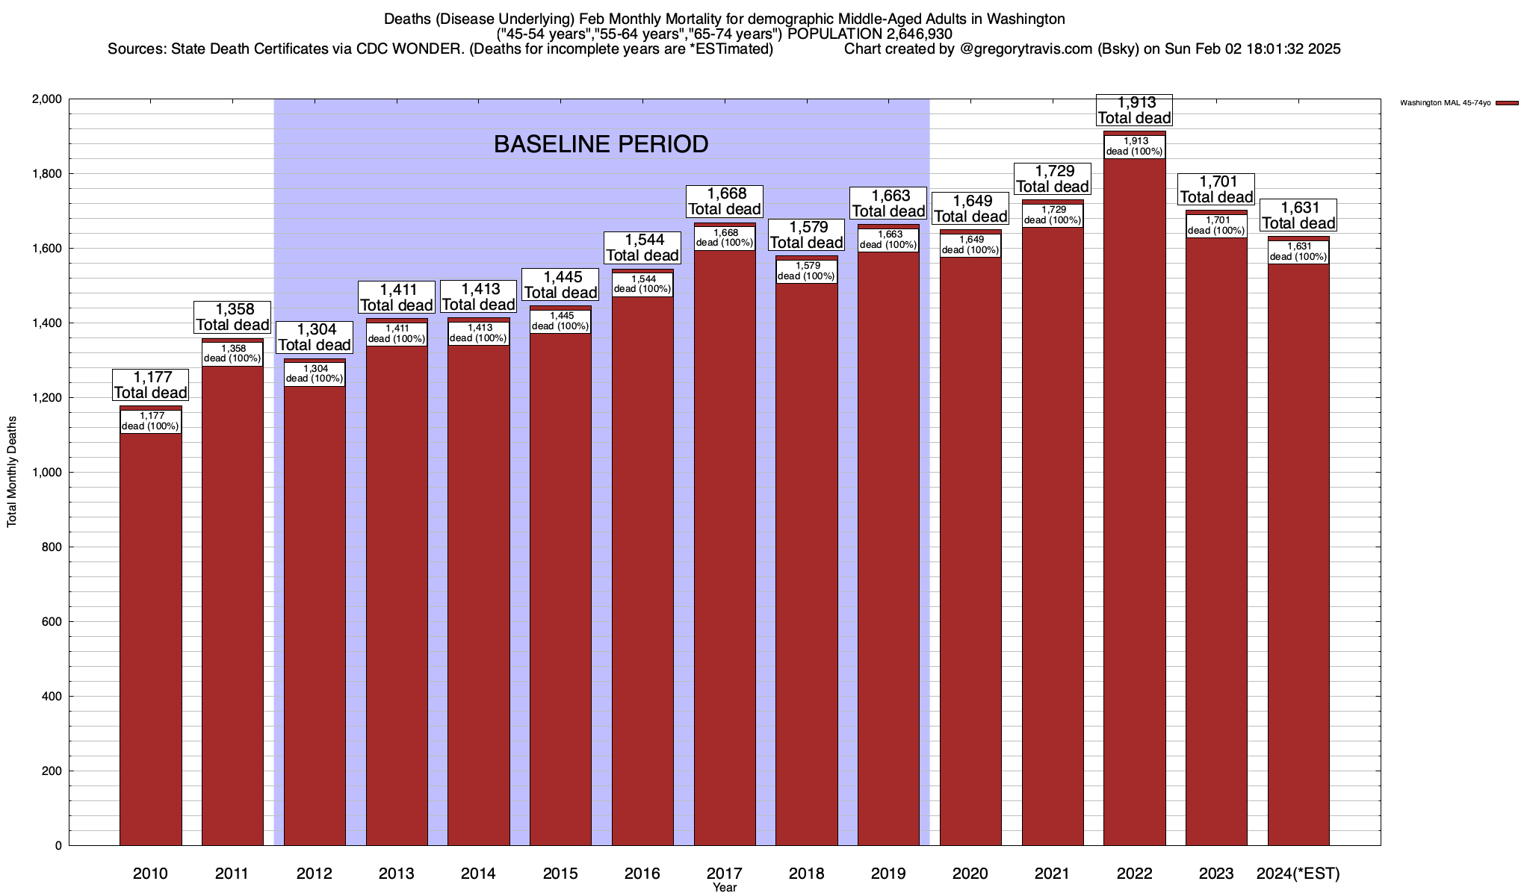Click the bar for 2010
click(150, 635)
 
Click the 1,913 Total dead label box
click(1134, 110)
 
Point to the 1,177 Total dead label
click(150, 385)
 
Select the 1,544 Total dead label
click(642, 248)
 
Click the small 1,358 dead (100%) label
click(232, 354)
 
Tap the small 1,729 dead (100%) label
click(1052, 215)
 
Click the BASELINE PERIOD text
click(601, 144)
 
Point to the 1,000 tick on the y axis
click(47, 473)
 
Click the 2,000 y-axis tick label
click(47, 99)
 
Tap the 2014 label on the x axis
click(478, 874)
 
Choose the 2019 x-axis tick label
click(888, 874)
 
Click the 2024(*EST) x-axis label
click(1298, 874)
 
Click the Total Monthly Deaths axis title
click(12, 472)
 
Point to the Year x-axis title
click(724, 888)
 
